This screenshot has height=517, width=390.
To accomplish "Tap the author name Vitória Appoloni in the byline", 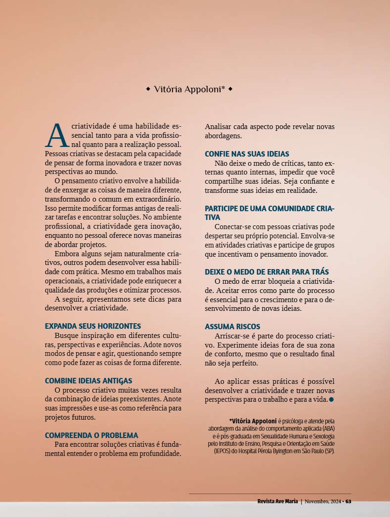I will pos(189,89).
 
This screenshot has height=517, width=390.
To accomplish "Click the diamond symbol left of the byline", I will pos(148,89).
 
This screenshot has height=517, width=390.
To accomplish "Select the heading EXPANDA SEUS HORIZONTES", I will pos(93,326).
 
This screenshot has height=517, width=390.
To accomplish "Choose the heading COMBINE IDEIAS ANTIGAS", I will pos(89,381).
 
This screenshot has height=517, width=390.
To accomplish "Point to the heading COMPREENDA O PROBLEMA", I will pos(91,435).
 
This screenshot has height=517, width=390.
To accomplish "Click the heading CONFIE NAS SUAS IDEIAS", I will pos(247,154).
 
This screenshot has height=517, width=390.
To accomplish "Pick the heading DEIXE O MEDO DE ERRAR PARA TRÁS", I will pos(267,272).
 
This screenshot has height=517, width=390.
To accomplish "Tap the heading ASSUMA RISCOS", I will pos(232,326).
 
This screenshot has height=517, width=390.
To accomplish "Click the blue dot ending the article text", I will pos(331,399).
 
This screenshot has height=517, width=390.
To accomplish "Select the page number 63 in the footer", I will pos(348,501).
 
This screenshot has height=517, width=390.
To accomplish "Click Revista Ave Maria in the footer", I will pos(278,501).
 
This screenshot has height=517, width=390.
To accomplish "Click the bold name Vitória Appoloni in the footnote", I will pos(253,421).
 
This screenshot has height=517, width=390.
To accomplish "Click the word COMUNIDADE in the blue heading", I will pos(292,208).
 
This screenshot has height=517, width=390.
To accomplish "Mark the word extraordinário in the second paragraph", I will pos(156,199).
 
